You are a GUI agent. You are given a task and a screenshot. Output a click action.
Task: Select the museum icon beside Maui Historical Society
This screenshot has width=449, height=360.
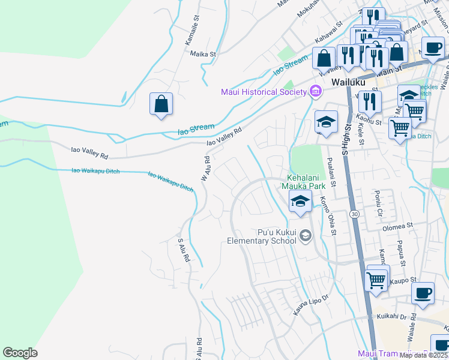point(315,92)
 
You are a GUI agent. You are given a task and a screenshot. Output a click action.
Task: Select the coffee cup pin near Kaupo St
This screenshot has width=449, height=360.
point(423,292)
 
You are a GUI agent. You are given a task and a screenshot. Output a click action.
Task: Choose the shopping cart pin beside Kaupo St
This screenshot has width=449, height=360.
point(376,279)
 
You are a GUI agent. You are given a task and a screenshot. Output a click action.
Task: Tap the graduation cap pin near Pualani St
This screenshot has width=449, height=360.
point(326,122)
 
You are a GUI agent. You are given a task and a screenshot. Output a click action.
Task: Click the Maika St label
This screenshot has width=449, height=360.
point(203,54)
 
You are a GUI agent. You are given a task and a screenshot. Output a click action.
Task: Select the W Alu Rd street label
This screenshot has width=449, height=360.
point(206,169)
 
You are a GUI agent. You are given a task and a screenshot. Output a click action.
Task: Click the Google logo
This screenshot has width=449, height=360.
point(20,353)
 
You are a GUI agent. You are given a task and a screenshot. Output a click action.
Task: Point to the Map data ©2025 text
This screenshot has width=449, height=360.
point(423,355)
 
